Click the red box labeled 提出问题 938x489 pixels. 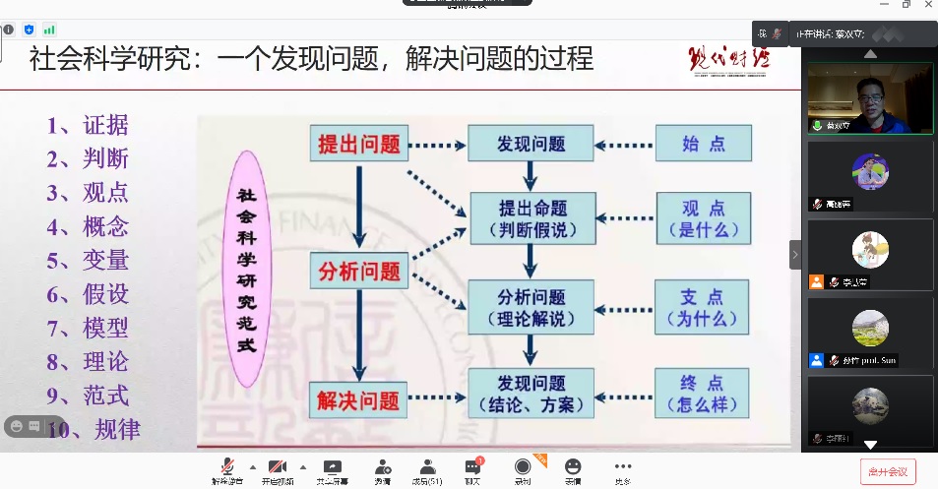click(358, 144)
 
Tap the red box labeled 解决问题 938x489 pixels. click(358, 399)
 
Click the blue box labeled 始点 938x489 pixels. click(703, 144)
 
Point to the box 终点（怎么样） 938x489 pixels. click(703, 394)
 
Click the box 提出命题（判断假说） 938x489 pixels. click(532, 218)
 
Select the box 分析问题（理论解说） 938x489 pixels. click(532, 306)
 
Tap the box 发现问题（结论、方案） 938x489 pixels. click(532, 394)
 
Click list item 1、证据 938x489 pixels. click(88, 125)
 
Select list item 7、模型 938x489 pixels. click(88, 328)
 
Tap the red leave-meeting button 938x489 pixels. click(888, 471)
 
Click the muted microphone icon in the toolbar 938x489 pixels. click(227, 466)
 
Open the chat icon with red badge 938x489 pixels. click(473, 466)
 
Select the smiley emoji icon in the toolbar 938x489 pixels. click(572, 466)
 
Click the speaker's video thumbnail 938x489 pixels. click(870, 99)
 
